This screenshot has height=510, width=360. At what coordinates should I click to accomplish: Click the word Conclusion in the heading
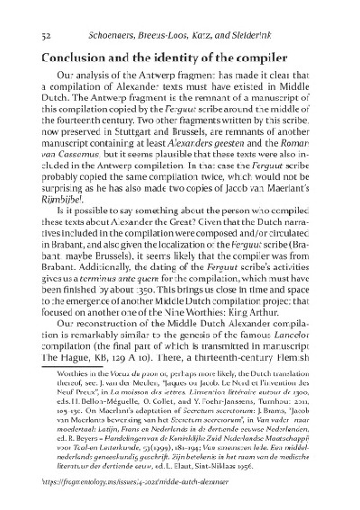[x=71, y=55]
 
